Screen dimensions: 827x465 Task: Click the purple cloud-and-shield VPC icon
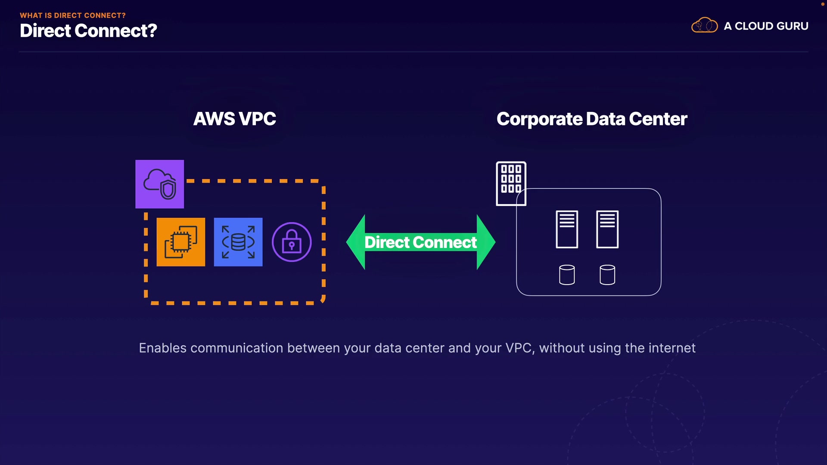click(x=159, y=184)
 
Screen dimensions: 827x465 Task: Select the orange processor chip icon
click(x=181, y=242)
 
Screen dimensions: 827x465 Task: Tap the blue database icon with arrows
click(x=238, y=242)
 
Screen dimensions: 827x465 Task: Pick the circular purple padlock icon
click(x=292, y=242)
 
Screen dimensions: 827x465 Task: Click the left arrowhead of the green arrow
click(x=356, y=242)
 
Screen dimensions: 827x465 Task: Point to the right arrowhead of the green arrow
click(x=486, y=242)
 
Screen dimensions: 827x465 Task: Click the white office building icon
click(x=511, y=183)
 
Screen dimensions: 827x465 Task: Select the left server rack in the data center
click(x=567, y=229)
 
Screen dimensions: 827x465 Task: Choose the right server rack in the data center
click(x=607, y=229)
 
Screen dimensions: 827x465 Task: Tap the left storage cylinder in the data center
click(x=567, y=275)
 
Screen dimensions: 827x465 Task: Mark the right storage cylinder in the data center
click(x=607, y=275)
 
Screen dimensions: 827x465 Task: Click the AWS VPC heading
click(x=235, y=119)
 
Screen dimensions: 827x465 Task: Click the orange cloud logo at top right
click(x=705, y=25)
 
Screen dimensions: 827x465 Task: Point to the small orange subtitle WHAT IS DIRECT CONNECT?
click(x=73, y=15)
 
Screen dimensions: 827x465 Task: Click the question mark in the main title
click(x=152, y=31)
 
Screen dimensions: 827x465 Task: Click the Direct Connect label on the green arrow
click(x=421, y=242)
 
